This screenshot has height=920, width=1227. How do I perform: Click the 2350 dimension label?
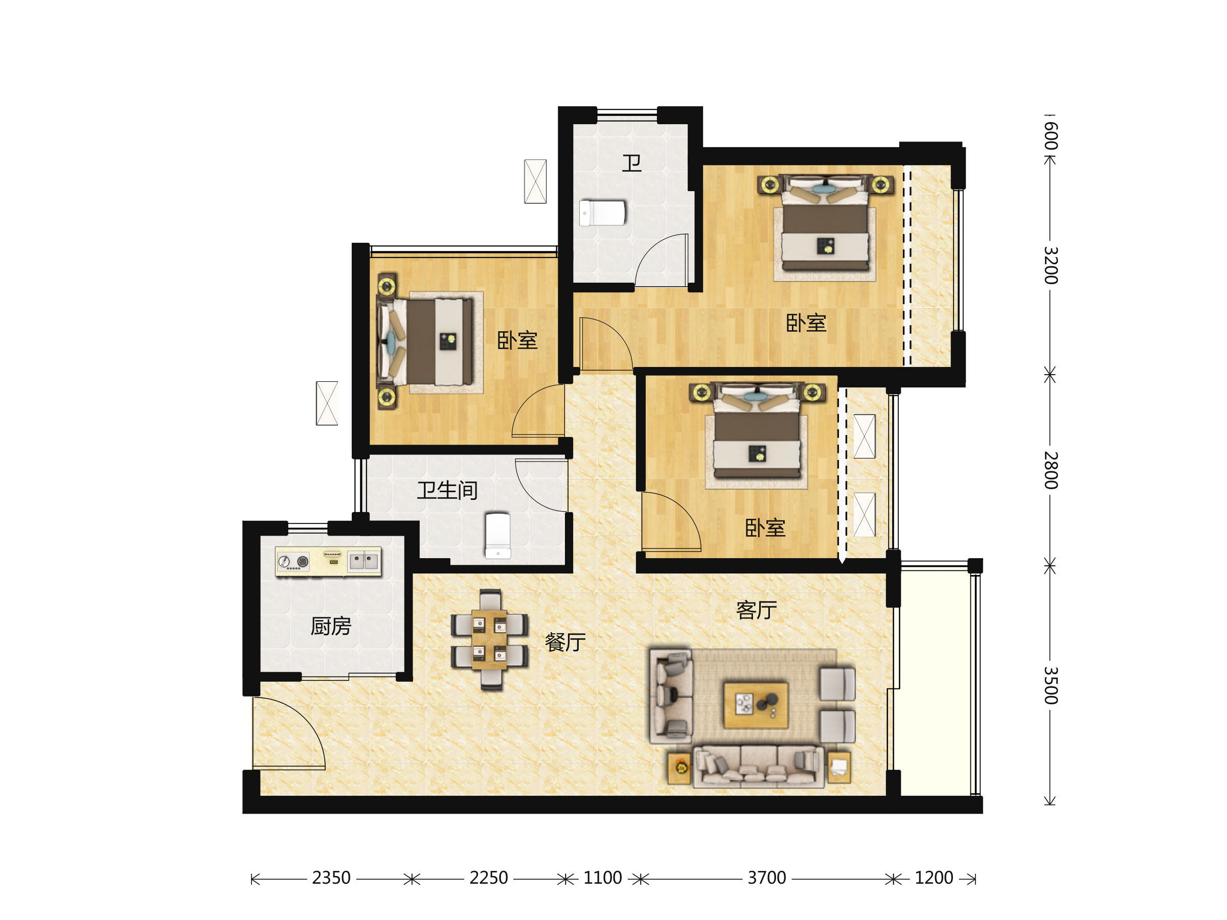pyautogui.click(x=331, y=878)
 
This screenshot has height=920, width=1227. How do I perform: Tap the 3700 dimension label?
pyautogui.click(x=766, y=878)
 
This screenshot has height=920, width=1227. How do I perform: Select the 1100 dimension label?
pyautogui.click(x=602, y=878)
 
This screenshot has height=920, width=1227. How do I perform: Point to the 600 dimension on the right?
pyautogui.click(x=1050, y=135)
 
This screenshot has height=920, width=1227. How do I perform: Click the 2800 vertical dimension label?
pyautogui.click(x=1050, y=470)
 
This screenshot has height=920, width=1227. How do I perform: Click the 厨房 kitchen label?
pyautogui.click(x=331, y=626)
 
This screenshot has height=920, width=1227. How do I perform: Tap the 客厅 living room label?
pyautogui.click(x=756, y=610)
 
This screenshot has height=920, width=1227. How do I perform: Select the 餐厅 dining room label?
pyautogui.click(x=565, y=642)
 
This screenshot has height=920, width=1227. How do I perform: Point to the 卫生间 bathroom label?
pyautogui.click(x=447, y=490)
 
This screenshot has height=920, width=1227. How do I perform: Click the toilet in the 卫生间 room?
pyautogui.click(x=497, y=535)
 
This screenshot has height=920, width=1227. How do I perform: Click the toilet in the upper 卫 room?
pyautogui.click(x=602, y=213)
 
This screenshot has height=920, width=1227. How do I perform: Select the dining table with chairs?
pyautogui.click(x=489, y=639)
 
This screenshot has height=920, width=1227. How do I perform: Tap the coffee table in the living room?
pyautogui.click(x=756, y=705)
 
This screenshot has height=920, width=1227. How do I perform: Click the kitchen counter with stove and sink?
pyautogui.click(x=328, y=561)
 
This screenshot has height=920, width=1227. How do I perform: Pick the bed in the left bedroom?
pyautogui.click(x=425, y=341)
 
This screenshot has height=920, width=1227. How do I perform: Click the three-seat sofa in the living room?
pyautogui.click(x=758, y=767)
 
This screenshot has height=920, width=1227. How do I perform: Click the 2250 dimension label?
pyautogui.click(x=488, y=878)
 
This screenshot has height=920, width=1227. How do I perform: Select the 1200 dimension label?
pyautogui.click(x=934, y=878)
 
